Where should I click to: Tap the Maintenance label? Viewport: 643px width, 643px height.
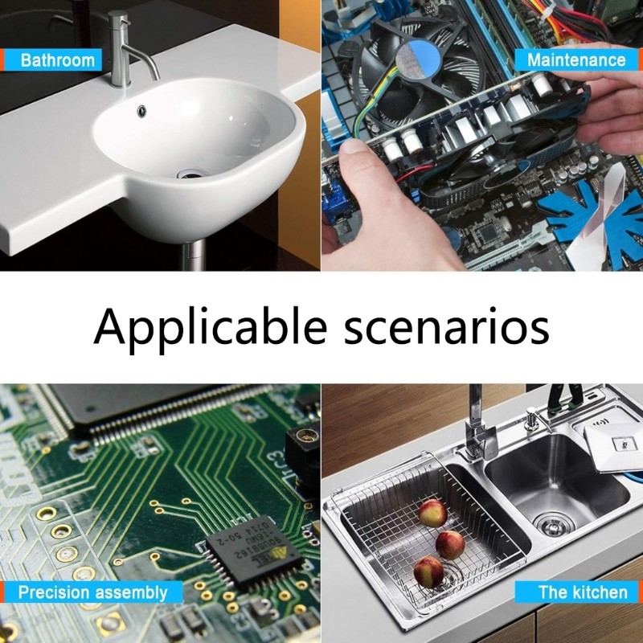tap(575, 59)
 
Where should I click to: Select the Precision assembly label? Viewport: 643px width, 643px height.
tap(92, 593)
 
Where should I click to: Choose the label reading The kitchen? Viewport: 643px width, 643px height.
tap(582, 592)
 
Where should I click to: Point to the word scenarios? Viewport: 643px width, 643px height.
tap(447, 326)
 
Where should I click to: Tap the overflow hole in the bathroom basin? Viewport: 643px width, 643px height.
tap(142, 109)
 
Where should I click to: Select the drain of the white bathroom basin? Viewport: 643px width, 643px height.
tap(193, 173)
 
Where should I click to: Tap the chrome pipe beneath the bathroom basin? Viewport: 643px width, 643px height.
tap(192, 256)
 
